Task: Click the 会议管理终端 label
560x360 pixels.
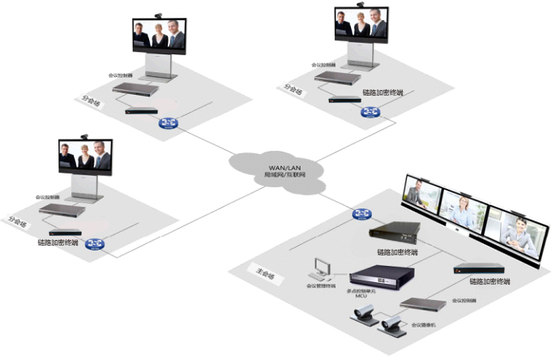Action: point(320,285)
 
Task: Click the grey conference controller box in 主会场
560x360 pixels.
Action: point(425,304)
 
